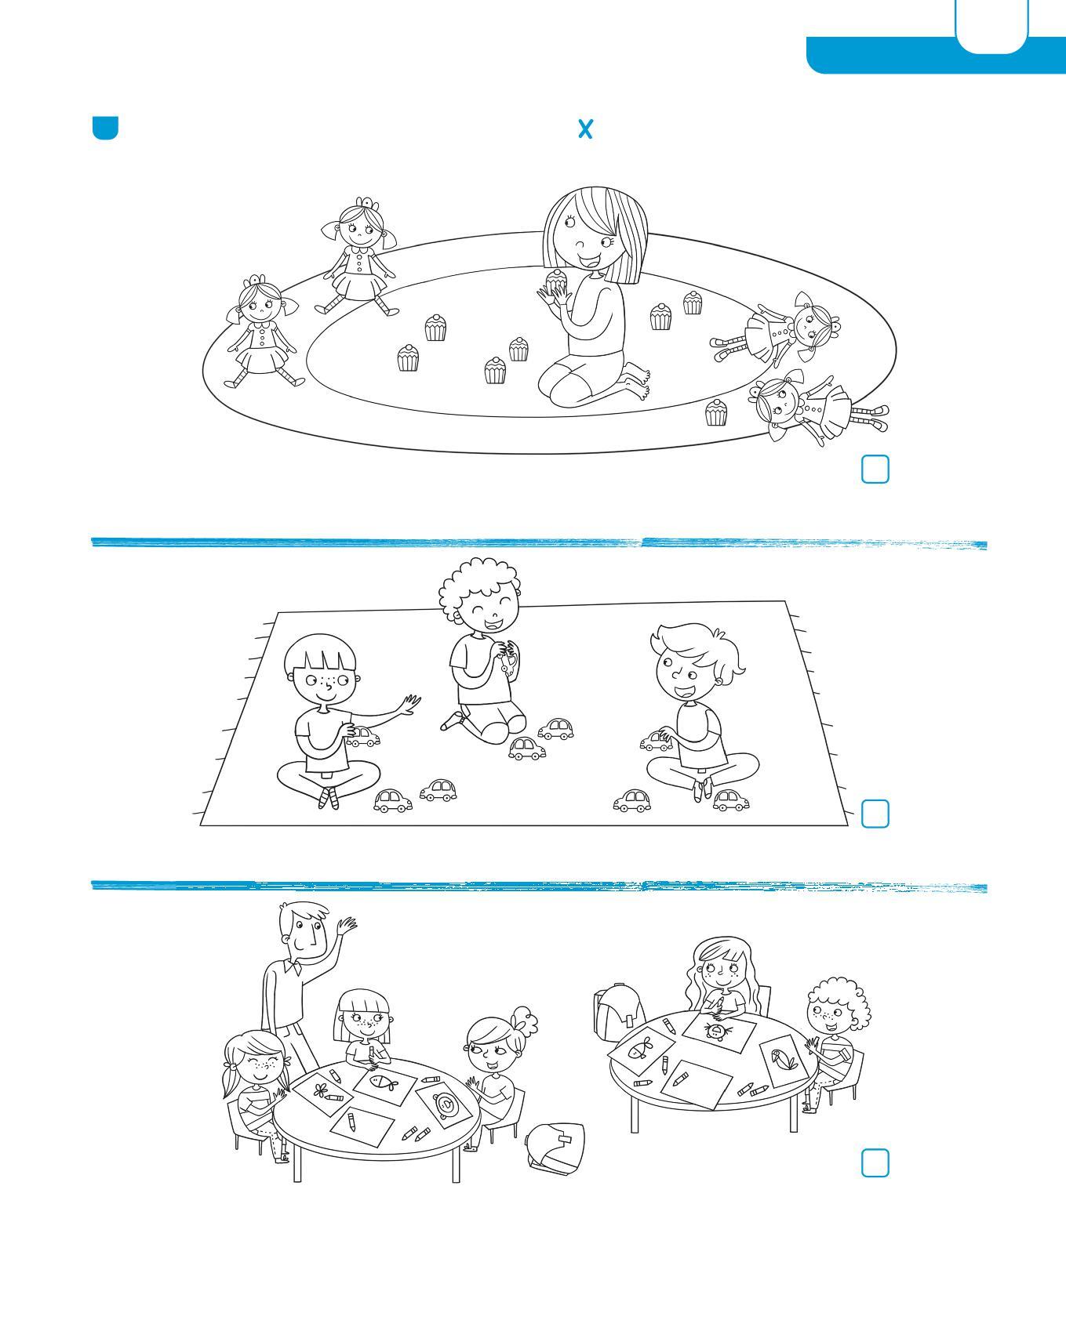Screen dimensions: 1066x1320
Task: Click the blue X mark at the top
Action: point(585,129)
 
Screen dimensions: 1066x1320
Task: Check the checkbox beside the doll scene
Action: point(875,469)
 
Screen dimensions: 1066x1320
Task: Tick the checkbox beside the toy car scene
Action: point(875,814)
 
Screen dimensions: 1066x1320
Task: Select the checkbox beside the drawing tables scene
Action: point(875,1163)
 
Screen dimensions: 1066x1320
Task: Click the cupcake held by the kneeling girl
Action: point(556,280)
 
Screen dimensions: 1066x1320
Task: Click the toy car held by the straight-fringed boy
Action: point(364,737)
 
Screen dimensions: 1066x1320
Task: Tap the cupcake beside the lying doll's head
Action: point(715,412)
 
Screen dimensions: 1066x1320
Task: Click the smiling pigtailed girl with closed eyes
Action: point(255,1090)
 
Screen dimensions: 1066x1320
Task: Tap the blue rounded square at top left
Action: point(105,128)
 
